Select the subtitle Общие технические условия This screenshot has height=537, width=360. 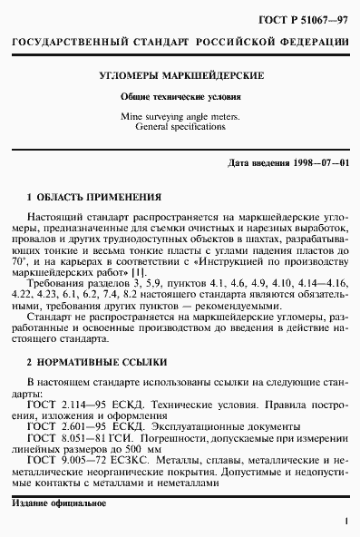[x=181, y=97]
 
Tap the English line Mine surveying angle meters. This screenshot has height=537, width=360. [x=181, y=117]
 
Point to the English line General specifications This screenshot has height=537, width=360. [x=181, y=128]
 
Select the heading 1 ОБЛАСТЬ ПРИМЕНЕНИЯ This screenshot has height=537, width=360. [x=94, y=197]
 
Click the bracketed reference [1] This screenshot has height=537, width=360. [x=138, y=273]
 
